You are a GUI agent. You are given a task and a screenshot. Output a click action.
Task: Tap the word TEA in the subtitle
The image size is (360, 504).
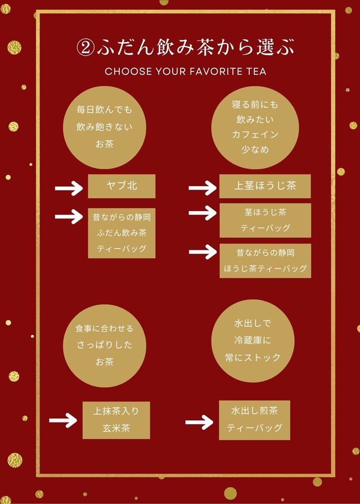point(256,71)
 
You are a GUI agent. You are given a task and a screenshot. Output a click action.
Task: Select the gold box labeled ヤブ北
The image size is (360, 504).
point(121,186)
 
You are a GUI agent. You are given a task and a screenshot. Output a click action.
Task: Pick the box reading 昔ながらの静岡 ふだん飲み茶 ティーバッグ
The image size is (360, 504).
point(121,232)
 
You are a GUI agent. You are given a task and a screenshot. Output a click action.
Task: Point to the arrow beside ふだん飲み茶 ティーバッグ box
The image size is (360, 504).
point(69,215)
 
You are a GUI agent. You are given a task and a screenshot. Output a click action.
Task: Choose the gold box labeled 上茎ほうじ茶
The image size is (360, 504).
point(265,186)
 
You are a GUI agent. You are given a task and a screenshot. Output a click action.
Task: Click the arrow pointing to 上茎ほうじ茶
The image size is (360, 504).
point(202,188)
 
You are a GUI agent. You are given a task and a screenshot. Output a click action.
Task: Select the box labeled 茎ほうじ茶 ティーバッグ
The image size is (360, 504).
point(265,220)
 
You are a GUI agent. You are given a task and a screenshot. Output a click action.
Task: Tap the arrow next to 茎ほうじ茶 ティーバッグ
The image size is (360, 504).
point(202,213)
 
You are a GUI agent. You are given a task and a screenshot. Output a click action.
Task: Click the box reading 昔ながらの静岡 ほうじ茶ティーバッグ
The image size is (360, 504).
point(265,260)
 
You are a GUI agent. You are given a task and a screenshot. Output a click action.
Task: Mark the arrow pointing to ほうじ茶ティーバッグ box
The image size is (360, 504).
point(202,252)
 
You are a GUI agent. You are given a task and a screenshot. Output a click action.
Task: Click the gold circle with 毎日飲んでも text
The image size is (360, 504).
point(105,128)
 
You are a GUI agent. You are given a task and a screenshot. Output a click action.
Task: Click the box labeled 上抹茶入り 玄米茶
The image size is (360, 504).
point(116,420)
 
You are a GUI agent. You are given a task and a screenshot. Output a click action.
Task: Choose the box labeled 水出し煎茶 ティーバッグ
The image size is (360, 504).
point(254,420)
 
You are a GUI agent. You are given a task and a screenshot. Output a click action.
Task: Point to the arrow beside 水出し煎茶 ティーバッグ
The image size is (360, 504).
point(199,422)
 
